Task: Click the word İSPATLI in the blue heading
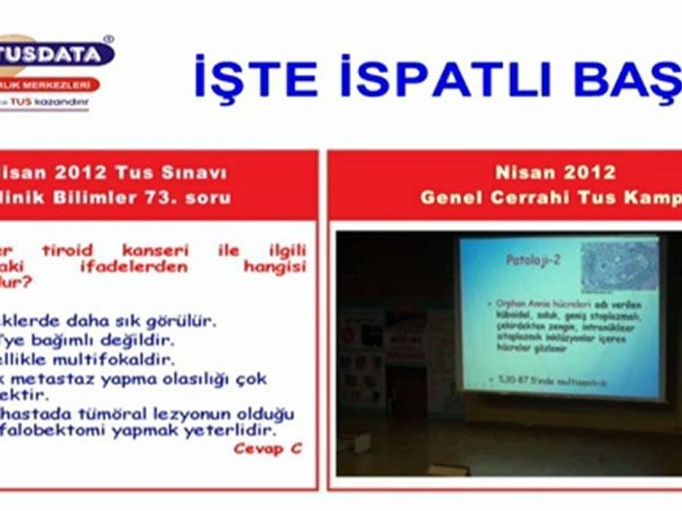(x=447, y=77)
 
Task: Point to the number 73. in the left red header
(x=168, y=197)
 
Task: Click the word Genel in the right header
(x=448, y=197)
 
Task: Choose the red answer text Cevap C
(x=267, y=449)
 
